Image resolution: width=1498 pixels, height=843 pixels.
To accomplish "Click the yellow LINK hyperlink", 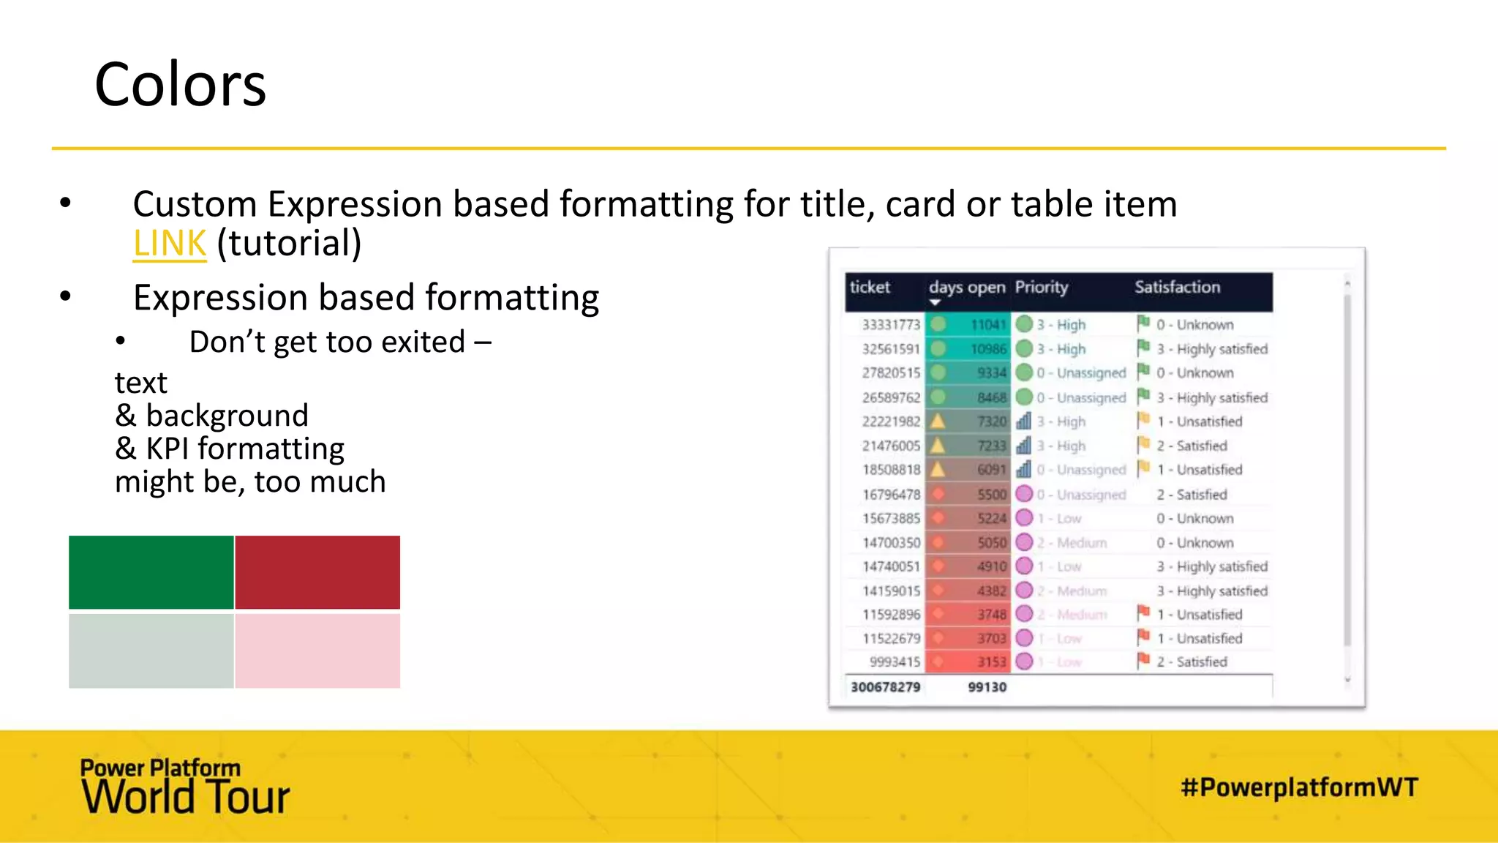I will click(x=169, y=244).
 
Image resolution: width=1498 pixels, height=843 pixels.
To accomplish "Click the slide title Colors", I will click(x=180, y=84).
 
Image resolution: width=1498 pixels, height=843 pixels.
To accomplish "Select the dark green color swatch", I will click(x=151, y=572).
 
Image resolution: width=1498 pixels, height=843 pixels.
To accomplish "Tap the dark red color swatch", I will click(x=317, y=572).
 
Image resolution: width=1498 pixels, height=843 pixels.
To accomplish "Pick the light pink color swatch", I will click(x=317, y=651).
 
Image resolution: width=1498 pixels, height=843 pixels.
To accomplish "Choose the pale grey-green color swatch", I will click(x=151, y=651).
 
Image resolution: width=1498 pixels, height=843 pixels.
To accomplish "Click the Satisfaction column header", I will click(x=1177, y=288).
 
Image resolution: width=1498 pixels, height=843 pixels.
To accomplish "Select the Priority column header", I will click(x=1041, y=288).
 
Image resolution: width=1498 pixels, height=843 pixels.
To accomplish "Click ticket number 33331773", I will click(x=891, y=325).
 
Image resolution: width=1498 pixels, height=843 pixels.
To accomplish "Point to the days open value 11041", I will click(x=988, y=325).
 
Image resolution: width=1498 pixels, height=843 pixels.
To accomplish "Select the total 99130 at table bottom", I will click(x=987, y=687).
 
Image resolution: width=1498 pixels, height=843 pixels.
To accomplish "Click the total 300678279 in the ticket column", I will click(x=885, y=687).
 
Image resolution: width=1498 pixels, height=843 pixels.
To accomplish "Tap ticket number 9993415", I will click(x=895, y=662).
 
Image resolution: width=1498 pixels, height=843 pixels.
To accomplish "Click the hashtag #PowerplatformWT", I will click(x=1299, y=788).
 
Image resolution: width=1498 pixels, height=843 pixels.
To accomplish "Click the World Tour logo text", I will click(x=186, y=797).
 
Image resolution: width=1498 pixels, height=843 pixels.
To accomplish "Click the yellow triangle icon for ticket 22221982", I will click(x=938, y=421).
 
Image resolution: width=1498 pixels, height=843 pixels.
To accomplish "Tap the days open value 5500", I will click(x=992, y=495).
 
